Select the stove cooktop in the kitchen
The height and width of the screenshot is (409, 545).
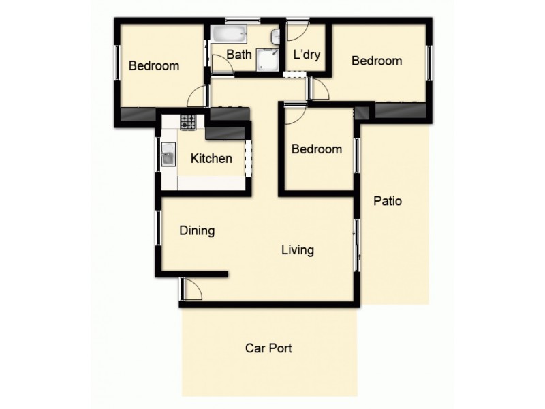pyautogui.click(x=188, y=123)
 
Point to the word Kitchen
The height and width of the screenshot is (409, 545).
pyautogui.click(x=211, y=159)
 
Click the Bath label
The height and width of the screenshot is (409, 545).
pyautogui.click(x=238, y=54)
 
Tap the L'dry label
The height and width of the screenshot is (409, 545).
pyautogui.click(x=307, y=54)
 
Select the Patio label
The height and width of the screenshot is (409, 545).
pyautogui.click(x=388, y=202)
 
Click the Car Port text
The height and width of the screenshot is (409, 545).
pyautogui.click(x=268, y=348)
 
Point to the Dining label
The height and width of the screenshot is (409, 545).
pyautogui.click(x=197, y=230)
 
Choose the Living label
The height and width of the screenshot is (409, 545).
pyautogui.click(x=298, y=250)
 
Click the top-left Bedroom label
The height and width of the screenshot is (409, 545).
pyautogui.click(x=154, y=66)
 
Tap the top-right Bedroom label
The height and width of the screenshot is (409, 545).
pyautogui.click(x=376, y=61)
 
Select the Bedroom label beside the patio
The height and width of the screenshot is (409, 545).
pyautogui.click(x=316, y=149)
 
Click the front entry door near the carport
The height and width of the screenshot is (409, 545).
pyautogui.click(x=191, y=289)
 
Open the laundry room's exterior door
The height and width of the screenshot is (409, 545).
pyautogui.click(x=297, y=32)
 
